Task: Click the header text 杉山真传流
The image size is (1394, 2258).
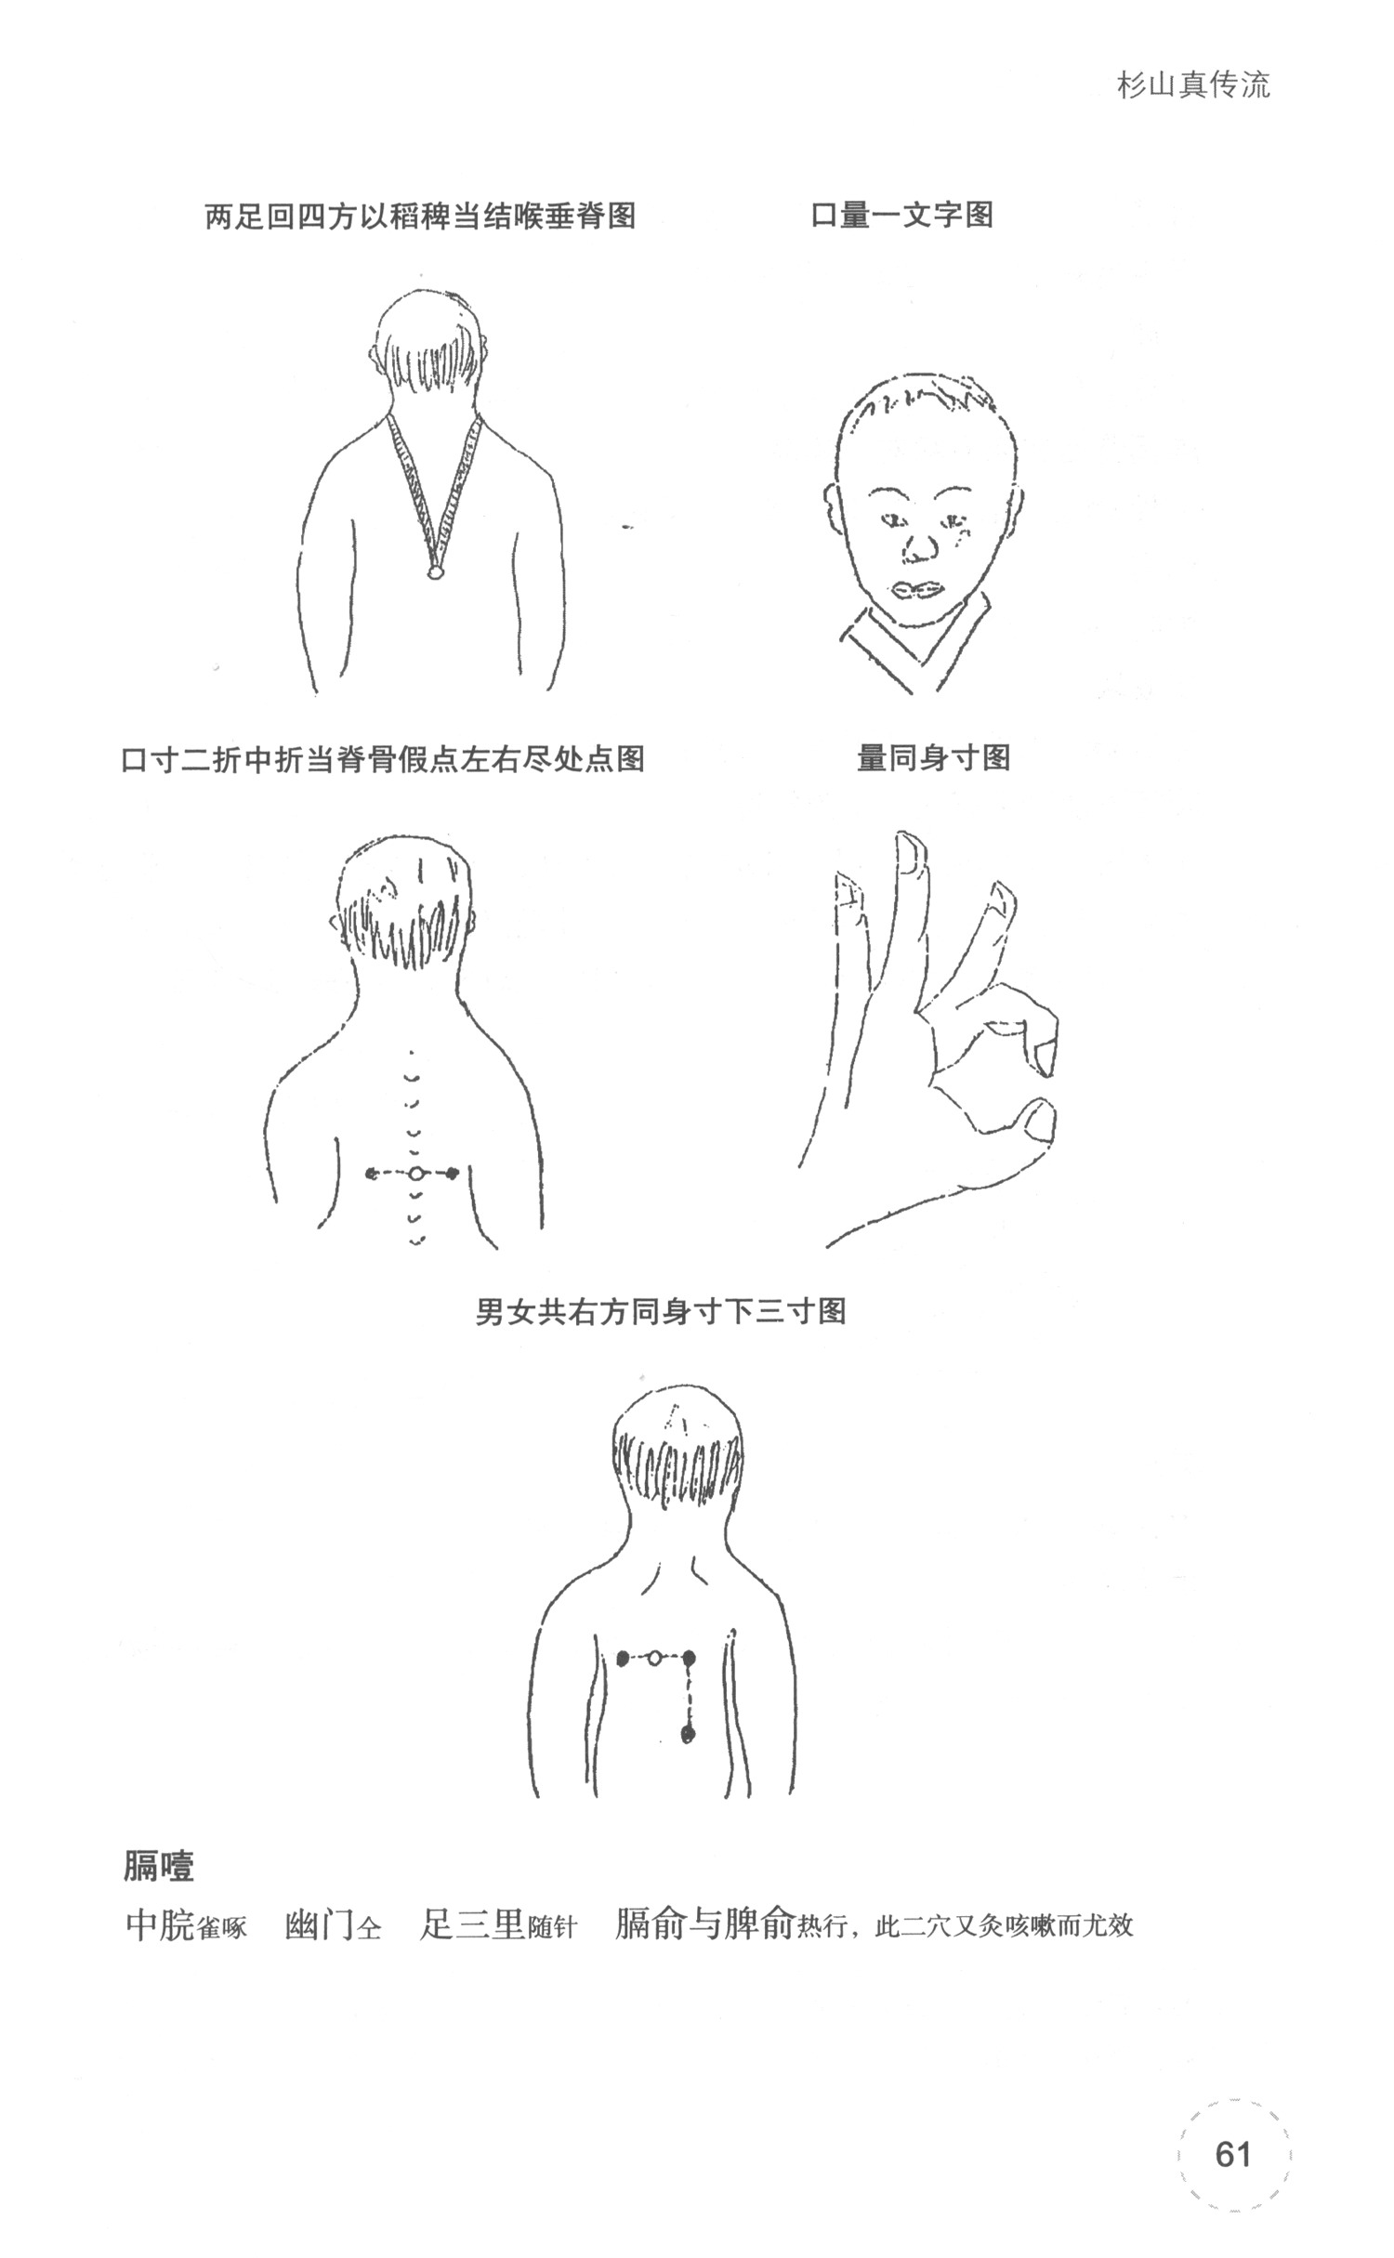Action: (x=1193, y=85)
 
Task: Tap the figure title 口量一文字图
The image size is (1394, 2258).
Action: (x=901, y=216)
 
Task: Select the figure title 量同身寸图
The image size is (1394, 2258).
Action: (x=933, y=758)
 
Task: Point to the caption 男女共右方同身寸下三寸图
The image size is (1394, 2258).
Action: (x=661, y=1311)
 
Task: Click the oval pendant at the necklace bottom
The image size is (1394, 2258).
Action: (x=434, y=572)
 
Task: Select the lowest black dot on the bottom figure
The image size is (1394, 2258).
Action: (x=689, y=1733)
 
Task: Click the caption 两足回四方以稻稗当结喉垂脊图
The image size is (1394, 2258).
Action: (x=421, y=216)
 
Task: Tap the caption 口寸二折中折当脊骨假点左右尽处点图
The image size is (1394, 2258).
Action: (x=383, y=758)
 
